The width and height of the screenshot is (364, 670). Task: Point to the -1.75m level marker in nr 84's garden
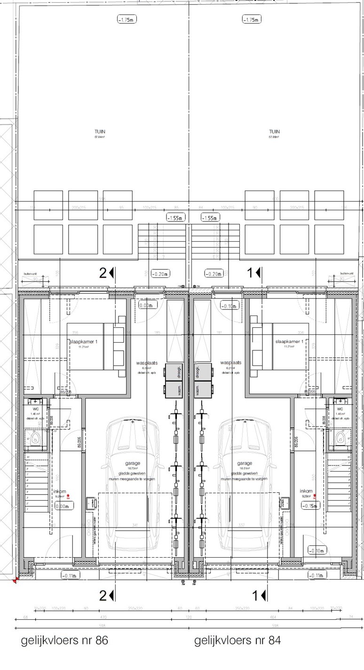[251, 20]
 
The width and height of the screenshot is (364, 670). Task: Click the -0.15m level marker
[311, 506]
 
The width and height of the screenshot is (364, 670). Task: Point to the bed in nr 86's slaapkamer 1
[96, 350]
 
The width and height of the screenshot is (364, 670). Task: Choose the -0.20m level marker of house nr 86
[160, 274]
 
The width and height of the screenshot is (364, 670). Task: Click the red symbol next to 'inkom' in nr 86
[69, 496]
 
